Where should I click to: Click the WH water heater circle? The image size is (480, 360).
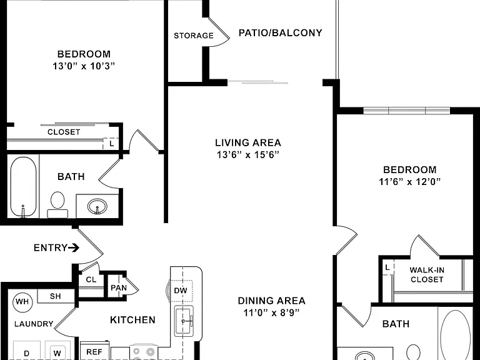click(x=22, y=302)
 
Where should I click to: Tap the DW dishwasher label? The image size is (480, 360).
click(x=181, y=291)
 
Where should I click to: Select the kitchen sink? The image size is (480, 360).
click(x=184, y=321)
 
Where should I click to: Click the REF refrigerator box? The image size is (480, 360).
click(x=95, y=351)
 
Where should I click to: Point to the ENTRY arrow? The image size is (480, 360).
click(x=74, y=247)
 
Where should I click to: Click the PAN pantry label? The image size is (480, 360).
click(x=119, y=288)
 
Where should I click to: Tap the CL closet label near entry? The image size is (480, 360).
click(x=91, y=279)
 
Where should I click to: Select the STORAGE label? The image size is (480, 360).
click(x=194, y=36)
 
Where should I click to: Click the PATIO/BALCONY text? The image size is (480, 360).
click(x=280, y=32)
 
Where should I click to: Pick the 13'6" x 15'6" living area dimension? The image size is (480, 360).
click(x=248, y=154)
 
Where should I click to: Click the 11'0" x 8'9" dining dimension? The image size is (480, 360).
click(x=271, y=312)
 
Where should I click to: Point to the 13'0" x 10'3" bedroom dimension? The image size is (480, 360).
click(x=84, y=66)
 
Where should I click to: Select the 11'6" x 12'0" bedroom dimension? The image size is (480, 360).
click(x=409, y=181)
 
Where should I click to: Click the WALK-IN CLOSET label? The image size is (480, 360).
click(x=427, y=274)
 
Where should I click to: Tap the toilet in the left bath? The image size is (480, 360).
click(x=57, y=204)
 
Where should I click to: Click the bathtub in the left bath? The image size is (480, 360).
click(x=23, y=187)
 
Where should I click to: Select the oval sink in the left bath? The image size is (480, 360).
click(x=97, y=206)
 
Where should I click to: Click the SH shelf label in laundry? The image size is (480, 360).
click(x=56, y=296)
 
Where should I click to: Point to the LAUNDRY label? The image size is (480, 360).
click(x=34, y=324)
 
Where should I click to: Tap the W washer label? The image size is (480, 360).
click(x=57, y=353)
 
